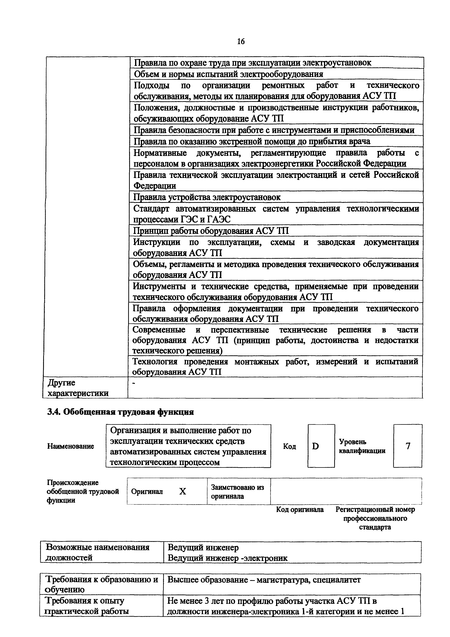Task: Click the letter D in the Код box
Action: click(x=315, y=446)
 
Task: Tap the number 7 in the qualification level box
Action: click(x=408, y=446)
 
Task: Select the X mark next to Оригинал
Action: click(x=182, y=492)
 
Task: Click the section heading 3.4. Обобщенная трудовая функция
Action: click(x=120, y=412)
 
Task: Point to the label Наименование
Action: click(x=70, y=446)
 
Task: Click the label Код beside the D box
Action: click(x=290, y=446)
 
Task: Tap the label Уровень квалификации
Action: click(x=362, y=446)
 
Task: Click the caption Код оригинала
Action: click(x=300, y=510)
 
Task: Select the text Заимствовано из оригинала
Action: click(x=237, y=492)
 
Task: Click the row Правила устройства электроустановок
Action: click(x=207, y=197)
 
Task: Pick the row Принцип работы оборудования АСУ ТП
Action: click(x=211, y=231)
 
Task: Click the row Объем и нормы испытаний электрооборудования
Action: click(x=229, y=74)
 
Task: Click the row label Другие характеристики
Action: click(x=78, y=388)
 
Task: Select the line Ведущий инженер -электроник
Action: click(x=228, y=558)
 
